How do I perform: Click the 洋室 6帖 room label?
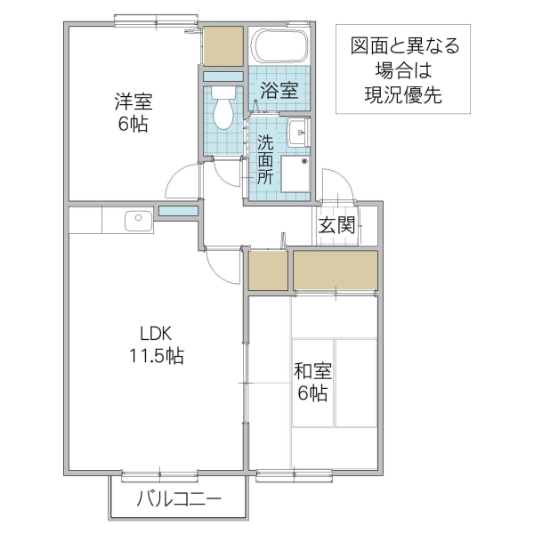[x=131, y=111]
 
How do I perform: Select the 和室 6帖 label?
[x=311, y=381]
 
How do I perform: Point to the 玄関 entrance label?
[x=337, y=225]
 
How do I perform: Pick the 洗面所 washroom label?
[x=265, y=158]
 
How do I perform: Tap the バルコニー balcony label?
[x=178, y=499]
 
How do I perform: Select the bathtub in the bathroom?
[x=279, y=45]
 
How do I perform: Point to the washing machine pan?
[x=293, y=174]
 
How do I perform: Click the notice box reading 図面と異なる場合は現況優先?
[x=403, y=71]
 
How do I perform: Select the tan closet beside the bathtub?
[x=222, y=46]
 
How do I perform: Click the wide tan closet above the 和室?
[x=335, y=271]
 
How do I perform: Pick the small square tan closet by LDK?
[x=268, y=271]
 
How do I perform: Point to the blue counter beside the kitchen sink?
[x=179, y=211]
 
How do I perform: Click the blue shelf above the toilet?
[x=222, y=76]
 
